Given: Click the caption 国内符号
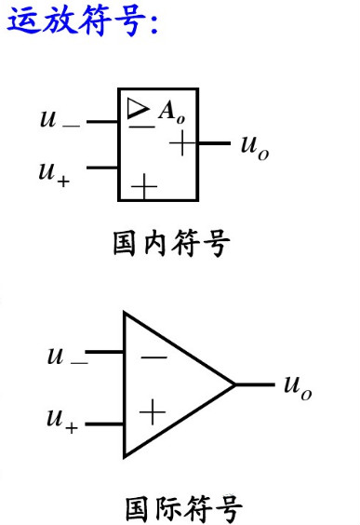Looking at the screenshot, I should tap(170, 245).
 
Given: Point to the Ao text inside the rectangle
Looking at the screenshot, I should tap(168, 113).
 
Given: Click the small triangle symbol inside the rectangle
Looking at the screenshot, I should tap(139, 110).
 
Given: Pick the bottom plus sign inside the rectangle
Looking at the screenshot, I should tap(144, 187).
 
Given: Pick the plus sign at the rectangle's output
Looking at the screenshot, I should tap(184, 143).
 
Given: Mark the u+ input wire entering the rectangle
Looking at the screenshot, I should tap(101, 168).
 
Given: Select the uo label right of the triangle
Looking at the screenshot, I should tap(298, 385).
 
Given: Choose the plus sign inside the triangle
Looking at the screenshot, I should tap(152, 408).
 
